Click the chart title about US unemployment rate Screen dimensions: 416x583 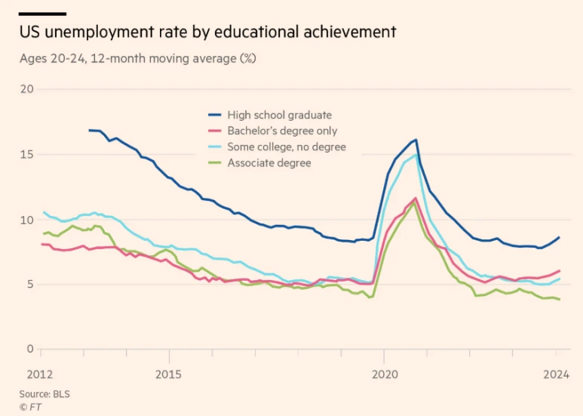208,32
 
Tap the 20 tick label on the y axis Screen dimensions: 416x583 28,89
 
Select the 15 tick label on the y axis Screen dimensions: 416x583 28,154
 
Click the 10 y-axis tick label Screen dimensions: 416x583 28,220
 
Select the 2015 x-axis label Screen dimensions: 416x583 168,374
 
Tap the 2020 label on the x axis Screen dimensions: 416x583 384,374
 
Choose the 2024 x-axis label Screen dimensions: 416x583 557,374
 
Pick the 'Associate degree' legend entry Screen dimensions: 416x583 268,162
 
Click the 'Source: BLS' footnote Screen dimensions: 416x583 44,393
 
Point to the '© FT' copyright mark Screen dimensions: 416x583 30,406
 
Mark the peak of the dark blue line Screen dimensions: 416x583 416,140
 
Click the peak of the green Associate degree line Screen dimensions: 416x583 414,202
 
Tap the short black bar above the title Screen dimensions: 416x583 43,14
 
